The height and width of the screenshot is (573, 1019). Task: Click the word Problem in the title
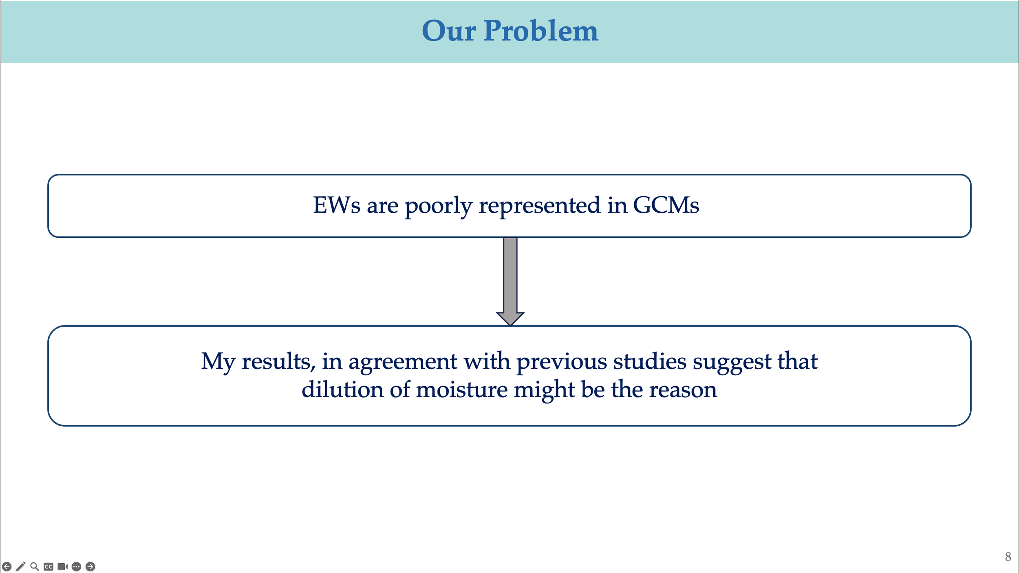click(x=540, y=31)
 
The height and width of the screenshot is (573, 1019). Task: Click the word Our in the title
click(x=448, y=31)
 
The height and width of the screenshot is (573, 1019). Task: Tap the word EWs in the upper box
click(x=336, y=205)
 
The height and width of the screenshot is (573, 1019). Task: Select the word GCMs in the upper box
click(x=666, y=205)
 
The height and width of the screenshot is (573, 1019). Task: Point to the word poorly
click(x=438, y=206)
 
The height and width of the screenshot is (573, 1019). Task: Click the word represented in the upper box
click(x=539, y=206)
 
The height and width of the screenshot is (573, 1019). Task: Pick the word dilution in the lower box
click(x=342, y=389)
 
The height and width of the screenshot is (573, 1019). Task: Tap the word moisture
click(x=461, y=389)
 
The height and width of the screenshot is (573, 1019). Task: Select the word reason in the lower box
click(x=683, y=389)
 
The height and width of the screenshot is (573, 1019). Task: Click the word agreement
click(x=403, y=362)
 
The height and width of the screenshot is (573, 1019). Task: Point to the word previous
click(x=562, y=362)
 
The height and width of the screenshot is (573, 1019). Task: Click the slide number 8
click(x=1008, y=557)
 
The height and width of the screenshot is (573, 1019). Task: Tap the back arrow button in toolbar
click(x=7, y=566)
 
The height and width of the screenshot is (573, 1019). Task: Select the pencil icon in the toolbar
click(x=21, y=566)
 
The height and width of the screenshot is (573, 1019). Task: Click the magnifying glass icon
click(x=35, y=566)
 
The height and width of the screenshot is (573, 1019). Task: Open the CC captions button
click(x=49, y=566)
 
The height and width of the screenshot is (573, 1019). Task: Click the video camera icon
click(x=62, y=566)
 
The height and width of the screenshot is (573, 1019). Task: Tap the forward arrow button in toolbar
click(x=90, y=566)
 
